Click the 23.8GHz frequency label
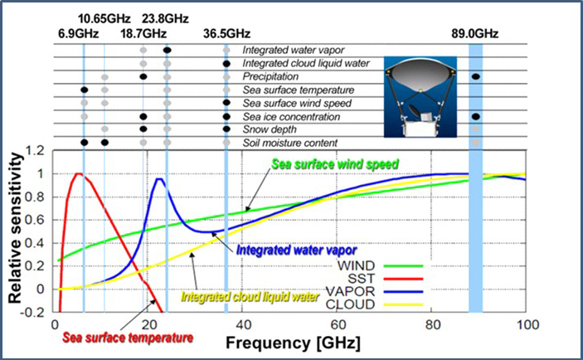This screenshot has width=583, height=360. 166,17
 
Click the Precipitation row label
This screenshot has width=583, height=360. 271,76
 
